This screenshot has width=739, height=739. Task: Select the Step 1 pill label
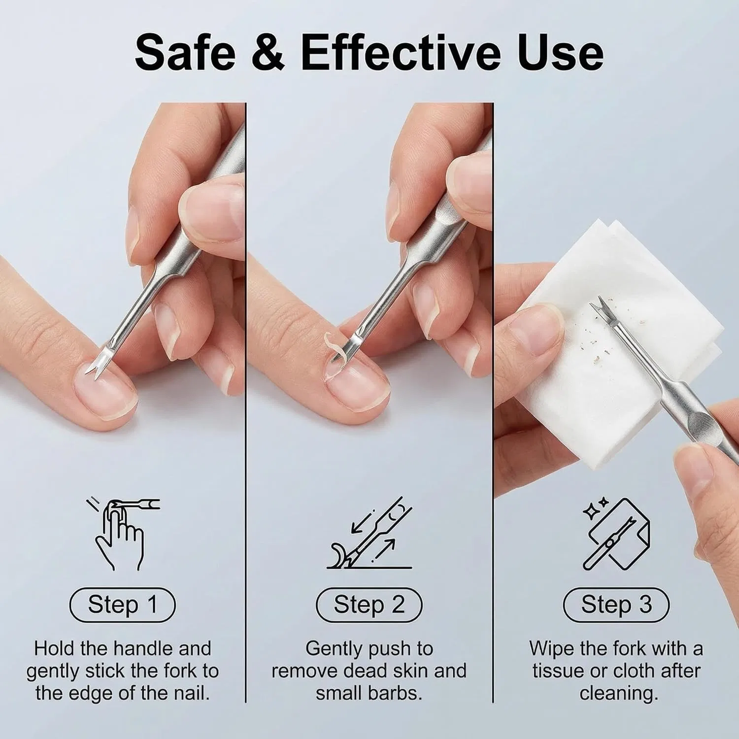coord(123,605)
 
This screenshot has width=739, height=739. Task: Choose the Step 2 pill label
coord(369,605)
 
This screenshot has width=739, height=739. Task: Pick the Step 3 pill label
coord(616,605)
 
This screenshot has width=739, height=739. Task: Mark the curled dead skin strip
coord(333,347)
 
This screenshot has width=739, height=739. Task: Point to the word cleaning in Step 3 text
coord(618,694)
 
